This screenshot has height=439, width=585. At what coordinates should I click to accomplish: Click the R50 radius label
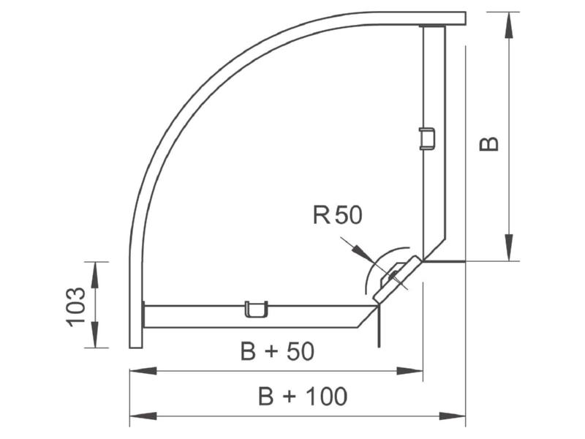tap(337, 215)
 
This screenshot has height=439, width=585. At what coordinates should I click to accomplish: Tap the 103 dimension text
tap(76, 307)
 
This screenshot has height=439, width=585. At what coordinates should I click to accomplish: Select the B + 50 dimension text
tap(278, 351)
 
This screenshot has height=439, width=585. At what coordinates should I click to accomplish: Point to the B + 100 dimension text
tap(303, 396)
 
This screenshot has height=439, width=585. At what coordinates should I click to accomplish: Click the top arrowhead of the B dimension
tap(508, 25)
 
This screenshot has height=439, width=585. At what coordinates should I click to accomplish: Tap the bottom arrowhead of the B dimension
tap(508, 247)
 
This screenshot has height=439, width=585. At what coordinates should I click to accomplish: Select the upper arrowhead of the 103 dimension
tap(95, 275)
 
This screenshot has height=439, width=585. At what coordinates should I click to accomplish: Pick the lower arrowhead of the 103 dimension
tap(95, 334)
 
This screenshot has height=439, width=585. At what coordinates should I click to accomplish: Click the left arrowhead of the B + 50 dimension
tap(143, 371)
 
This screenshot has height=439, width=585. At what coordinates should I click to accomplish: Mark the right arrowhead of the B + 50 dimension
tap(409, 371)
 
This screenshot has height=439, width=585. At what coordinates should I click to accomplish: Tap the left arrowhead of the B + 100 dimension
tap(143, 416)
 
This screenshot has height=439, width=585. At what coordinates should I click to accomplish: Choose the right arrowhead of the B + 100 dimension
tap(452, 416)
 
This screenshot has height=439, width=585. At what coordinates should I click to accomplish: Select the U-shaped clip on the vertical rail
tap(427, 139)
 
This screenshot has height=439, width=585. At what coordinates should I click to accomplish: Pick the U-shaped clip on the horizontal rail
tap(257, 309)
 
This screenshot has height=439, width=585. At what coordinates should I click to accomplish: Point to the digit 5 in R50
tap(341, 215)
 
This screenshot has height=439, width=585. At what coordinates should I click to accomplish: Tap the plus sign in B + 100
tap(289, 397)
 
